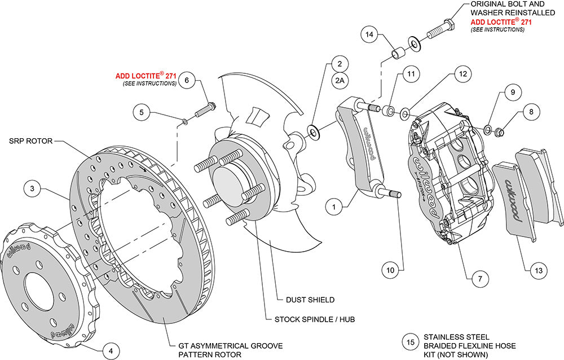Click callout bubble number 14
[x=369, y=35]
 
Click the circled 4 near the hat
[x=111, y=350]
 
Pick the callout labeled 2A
[x=340, y=81]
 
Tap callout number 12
[x=462, y=74]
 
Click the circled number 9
[x=512, y=91]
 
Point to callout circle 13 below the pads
[x=538, y=271]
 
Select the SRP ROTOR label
[x=30, y=141]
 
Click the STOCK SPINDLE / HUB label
[x=315, y=319]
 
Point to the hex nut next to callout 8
[x=499, y=133]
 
